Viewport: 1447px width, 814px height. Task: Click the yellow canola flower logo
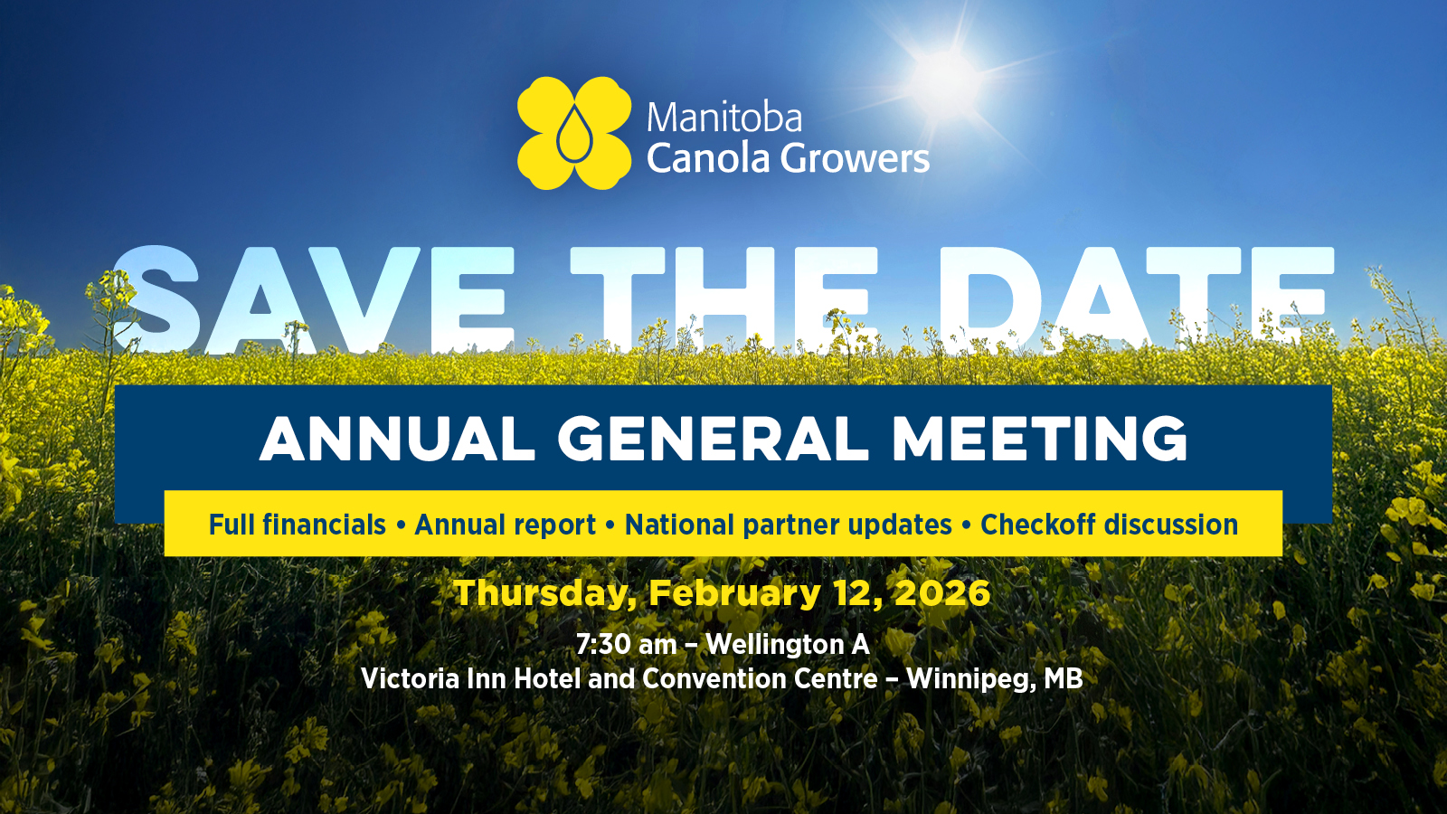pos(574,133)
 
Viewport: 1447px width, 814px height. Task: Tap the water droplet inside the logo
pos(574,135)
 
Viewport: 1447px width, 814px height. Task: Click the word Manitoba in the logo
pos(724,118)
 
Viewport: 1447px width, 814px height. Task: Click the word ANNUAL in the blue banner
pos(397,439)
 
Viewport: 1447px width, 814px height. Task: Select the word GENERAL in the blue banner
pos(714,439)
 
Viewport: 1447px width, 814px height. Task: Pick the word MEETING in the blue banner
pos(1040,439)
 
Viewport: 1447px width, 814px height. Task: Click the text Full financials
pos(298,525)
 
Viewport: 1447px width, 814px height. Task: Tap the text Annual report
pos(506,525)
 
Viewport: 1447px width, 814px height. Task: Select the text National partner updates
pos(788,525)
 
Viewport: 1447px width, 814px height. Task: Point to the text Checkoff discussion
pos(1109,525)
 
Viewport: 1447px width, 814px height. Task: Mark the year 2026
pos(942,593)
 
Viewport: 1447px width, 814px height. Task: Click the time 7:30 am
pos(626,645)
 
